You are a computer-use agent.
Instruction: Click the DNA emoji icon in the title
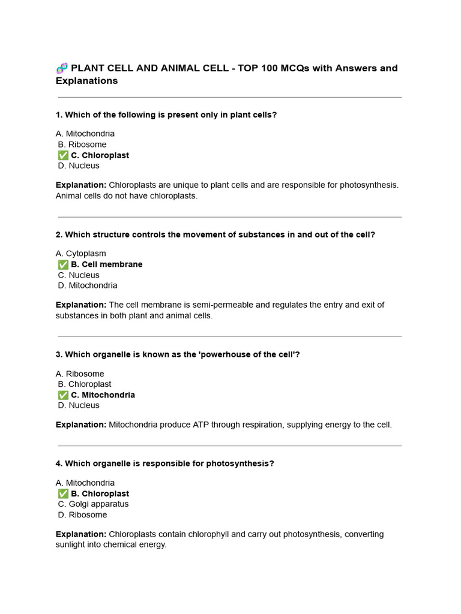pyautogui.click(x=62, y=68)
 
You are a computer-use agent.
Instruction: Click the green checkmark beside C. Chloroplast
pyautogui.click(x=63, y=155)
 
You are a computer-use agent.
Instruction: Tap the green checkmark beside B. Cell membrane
pyautogui.click(x=63, y=264)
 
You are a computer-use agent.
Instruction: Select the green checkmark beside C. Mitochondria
pyautogui.click(x=63, y=395)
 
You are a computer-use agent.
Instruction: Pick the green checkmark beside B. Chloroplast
pyautogui.click(x=63, y=494)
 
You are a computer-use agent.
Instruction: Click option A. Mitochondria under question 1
pyautogui.click(x=85, y=134)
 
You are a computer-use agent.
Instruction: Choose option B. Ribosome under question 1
pyautogui.click(x=82, y=145)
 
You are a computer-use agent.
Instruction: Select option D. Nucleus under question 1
pyautogui.click(x=79, y=165)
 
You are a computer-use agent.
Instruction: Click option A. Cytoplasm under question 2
pyautogui.click(x=81, y=254)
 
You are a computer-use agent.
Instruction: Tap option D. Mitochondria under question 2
pyautogui.click(x=88, y=285)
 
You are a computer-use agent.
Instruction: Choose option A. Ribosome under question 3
pyautogui.click(x=80, y=374)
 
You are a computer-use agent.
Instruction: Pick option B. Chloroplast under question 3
pyautogui.click(x=85, y=384)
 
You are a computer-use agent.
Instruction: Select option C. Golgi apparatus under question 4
pyautogui.click(x=93, y=504)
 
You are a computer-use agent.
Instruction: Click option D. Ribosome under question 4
pyautogui.click(x=82, y=514)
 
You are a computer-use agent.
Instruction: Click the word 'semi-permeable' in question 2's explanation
pyautogui.click(x=207, y=305)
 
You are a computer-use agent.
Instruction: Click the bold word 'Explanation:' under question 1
pyautogui.click(x=81, y=185)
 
